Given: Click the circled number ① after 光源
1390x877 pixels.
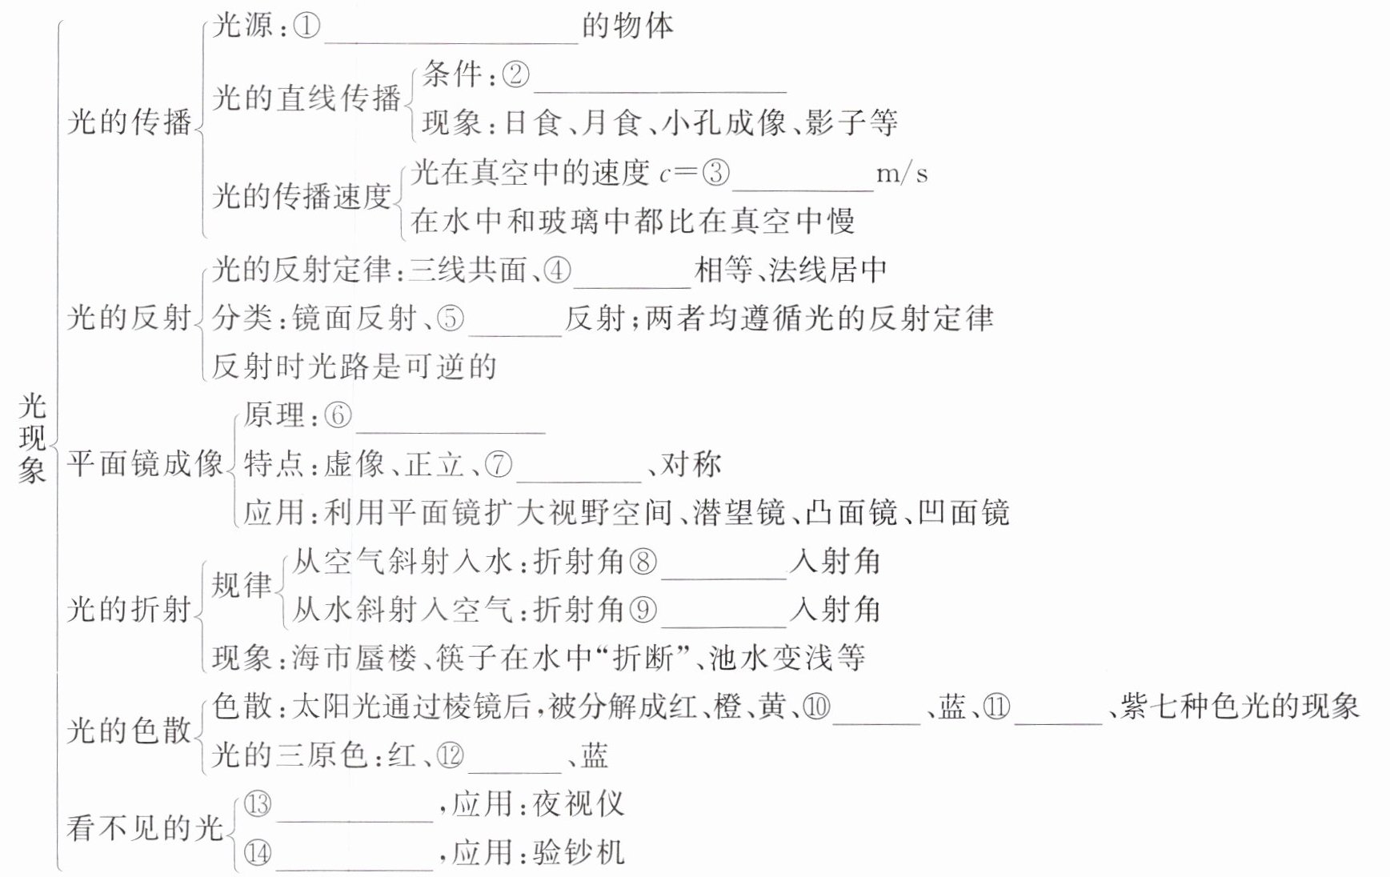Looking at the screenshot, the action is pyautogui.click(x=307, y=26).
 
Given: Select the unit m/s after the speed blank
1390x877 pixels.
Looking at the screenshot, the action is pyautogui.click(x=902, y=174).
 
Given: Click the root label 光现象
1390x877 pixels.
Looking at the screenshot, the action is pyautogui.click(x=32, y=438).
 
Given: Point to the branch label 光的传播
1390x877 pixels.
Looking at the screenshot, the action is pyautogui.click(x=130, y=122).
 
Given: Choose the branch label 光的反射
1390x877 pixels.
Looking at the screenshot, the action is pyautogui.click(x=130, y=318).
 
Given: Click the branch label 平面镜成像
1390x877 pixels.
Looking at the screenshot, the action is pyautogui.click(x=144, y=463).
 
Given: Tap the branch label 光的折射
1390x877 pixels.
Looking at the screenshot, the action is pyautogui.click(x=130, y=610).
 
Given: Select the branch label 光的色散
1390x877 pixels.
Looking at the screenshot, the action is pyautogui.click(x=130, y=731).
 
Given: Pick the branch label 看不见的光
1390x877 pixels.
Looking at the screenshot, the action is pyautogui.click(x=144, y=827).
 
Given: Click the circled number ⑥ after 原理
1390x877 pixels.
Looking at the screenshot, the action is pyautogui.click(x=338, y=415).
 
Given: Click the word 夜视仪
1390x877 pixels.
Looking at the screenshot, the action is pyautogui.click(x=579, y=803).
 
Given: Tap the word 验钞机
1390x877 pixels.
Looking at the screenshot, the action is pyautogui.click(x=579, y=852).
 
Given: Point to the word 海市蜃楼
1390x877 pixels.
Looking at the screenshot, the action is pyautogui.click(x=355, y=659).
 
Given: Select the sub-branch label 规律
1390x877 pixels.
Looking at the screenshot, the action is pyautogui.click(x=242, y=585).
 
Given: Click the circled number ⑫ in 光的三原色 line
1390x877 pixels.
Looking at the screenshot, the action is pyautogui.click(x=450, y=755).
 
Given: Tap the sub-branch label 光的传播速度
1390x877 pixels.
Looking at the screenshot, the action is pyautogui.click(x=302, y=196).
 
